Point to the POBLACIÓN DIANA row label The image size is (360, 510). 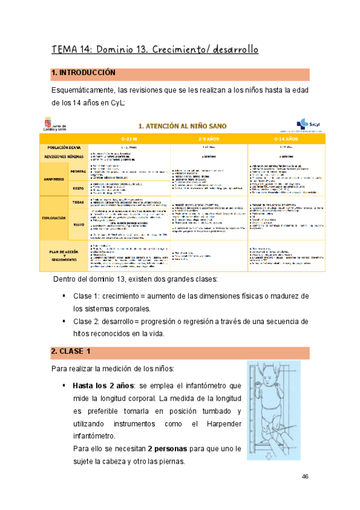pyautogui.click(x=62, y=147)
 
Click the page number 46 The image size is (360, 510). pyautogui.click(x=305, y=477)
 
